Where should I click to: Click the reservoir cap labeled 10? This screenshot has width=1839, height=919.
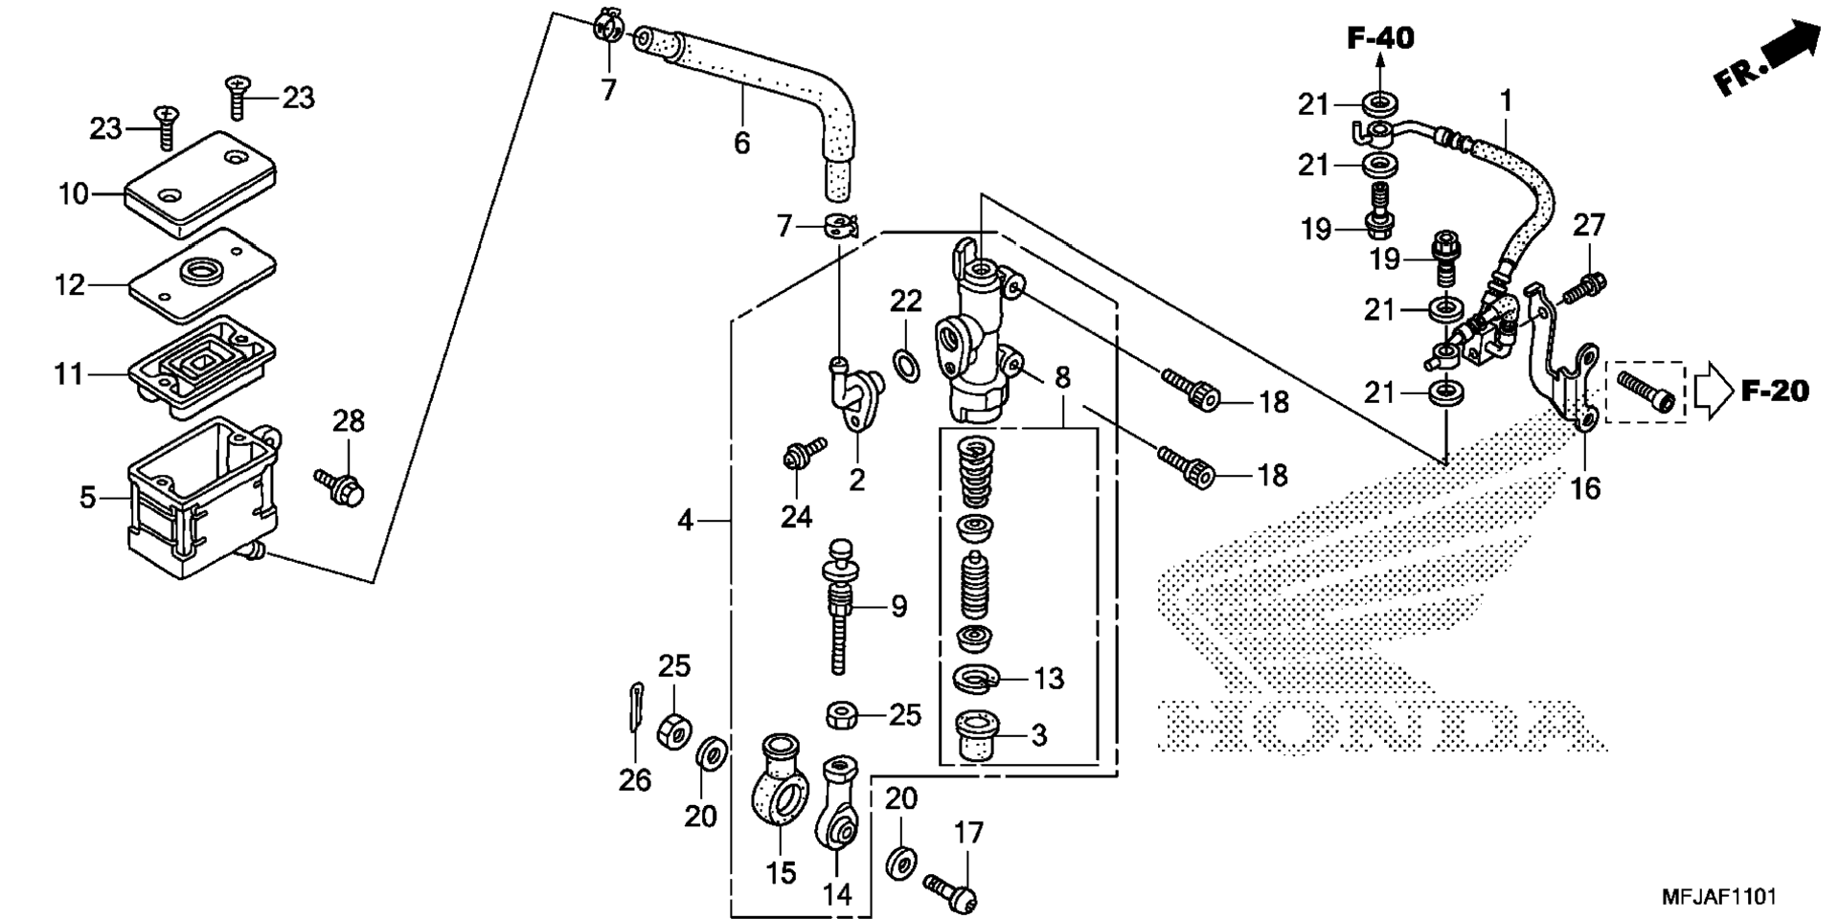[x=199, y=184]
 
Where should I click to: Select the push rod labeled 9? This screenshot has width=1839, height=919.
[x=840, y=606]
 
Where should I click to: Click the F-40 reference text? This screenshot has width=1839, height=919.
[x=1380, y=38]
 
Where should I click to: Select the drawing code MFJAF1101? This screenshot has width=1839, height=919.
[x=1719, y=897]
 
